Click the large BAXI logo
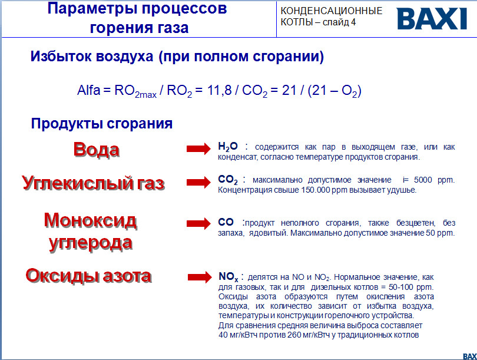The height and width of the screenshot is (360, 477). tap(432, 18)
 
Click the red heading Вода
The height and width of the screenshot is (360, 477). tap(96, 150)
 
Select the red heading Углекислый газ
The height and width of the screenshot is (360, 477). tap(93, 183)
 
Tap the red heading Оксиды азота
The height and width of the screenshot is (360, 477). tap(88, 275)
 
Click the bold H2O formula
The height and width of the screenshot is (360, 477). tap(228, 147)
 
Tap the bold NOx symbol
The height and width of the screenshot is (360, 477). tap(228, 276)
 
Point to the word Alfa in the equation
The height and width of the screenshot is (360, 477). tap(90, 91)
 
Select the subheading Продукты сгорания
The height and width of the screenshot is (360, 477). tap(102, 124)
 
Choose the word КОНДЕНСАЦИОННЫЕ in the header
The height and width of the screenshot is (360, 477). tap(332, 11)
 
